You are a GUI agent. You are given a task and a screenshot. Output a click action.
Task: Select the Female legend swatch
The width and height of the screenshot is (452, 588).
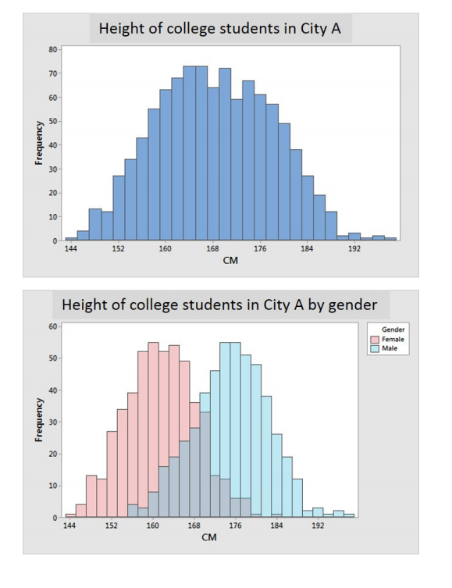tap(375, 340)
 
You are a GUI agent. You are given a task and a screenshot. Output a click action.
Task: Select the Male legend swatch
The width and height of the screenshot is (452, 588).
tap(375, 348)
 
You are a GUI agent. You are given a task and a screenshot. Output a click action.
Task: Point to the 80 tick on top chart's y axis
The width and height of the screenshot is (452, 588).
tap(52, 49)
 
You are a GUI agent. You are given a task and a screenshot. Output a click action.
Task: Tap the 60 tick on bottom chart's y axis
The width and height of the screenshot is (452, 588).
tap(52, 326)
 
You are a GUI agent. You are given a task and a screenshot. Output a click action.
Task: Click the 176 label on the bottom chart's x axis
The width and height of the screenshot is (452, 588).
tap(234, 526)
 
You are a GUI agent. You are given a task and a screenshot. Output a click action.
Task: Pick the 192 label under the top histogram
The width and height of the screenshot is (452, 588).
tap(354, 249)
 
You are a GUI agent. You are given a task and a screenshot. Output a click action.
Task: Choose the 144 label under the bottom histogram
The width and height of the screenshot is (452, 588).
tap(70, 526)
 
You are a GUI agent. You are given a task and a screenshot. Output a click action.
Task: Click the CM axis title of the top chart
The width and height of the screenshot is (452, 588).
tap(230, 261)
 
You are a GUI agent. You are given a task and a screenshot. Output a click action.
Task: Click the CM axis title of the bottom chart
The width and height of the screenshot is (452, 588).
tap(209, 538)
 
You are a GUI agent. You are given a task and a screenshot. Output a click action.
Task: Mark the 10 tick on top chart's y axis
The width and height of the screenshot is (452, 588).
tap(52, 216)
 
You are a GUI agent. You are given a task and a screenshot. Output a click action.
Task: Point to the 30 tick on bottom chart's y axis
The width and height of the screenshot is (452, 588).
tap(52, 422)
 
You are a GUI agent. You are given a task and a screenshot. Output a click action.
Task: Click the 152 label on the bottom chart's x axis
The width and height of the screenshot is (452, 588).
tap(111, 526)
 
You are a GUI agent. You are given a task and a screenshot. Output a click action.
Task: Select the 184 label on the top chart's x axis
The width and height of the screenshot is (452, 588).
tap(307, 249)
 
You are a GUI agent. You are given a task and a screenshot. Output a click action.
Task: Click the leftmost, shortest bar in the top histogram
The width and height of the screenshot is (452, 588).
tap(71, 238)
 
